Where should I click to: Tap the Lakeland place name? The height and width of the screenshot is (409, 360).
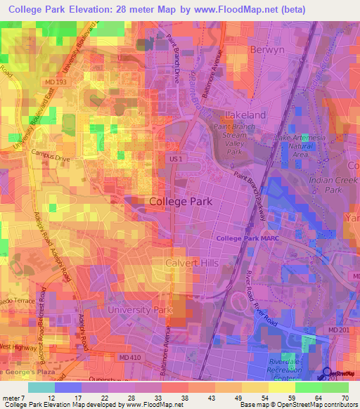click(244, 115)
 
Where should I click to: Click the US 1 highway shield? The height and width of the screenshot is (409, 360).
click(176, 160)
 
